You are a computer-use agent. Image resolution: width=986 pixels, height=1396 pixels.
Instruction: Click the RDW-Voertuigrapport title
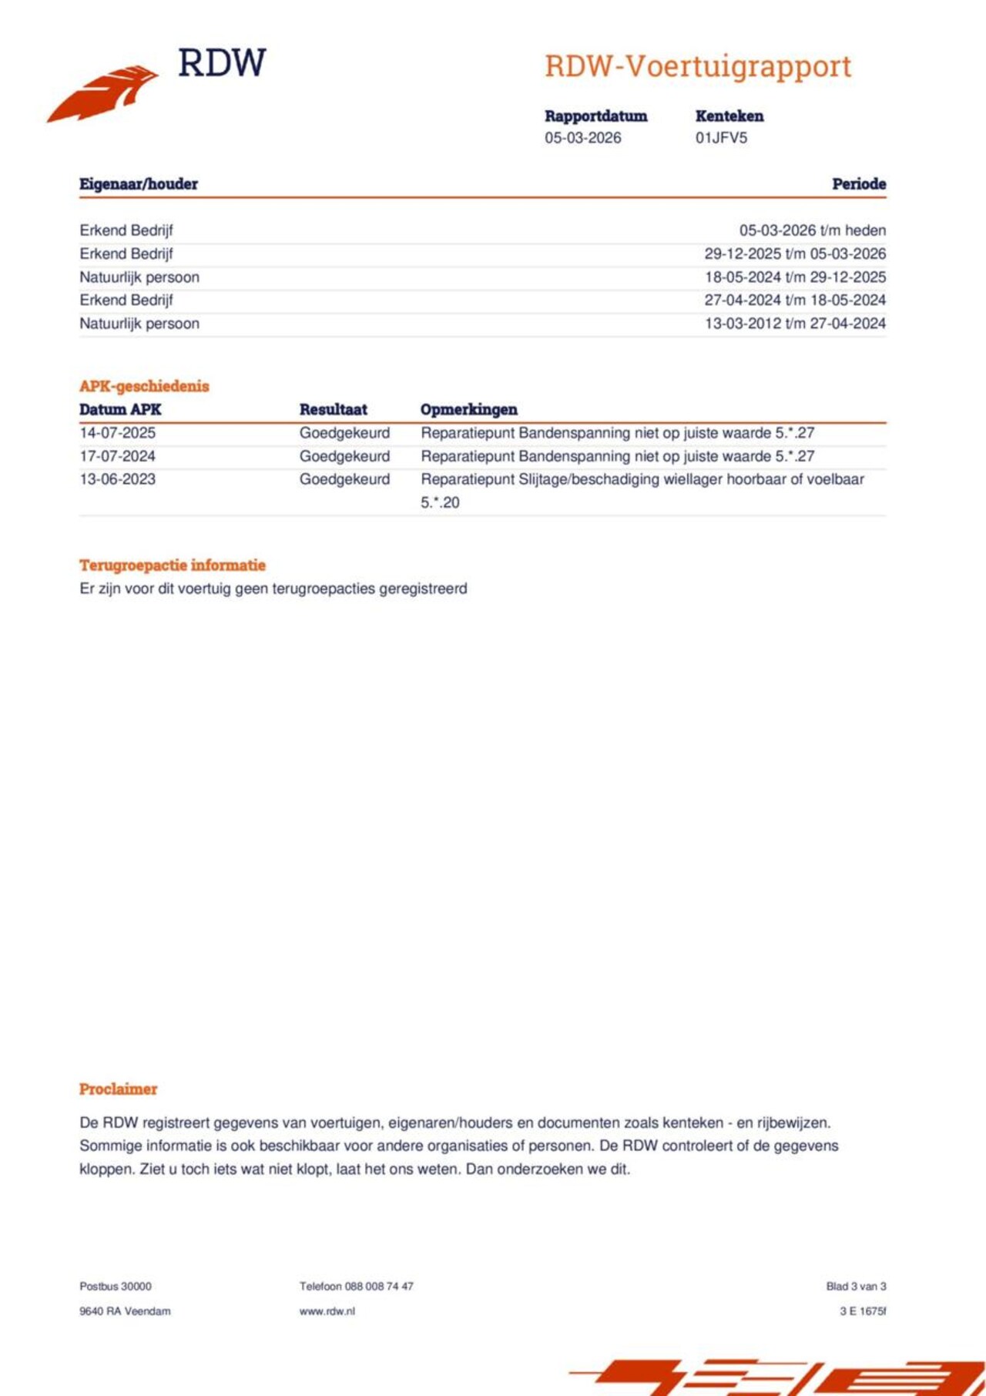tap(697, 66)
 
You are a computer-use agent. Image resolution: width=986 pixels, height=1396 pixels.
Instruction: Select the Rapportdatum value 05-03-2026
tap(582, 138)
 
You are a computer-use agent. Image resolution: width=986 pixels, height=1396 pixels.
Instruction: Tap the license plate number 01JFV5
tap(721, 138)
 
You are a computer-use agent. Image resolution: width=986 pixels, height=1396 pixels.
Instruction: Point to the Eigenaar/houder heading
tap(139, 184)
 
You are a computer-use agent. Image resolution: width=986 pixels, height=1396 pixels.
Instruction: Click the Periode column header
tap(858, 184)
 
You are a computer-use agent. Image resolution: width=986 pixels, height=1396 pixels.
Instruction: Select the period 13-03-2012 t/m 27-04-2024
tap(795, 324)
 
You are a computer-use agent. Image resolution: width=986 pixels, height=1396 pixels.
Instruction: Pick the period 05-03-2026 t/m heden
tap(812, 230)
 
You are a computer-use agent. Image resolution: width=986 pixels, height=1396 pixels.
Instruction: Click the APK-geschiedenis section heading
tap(144, 386)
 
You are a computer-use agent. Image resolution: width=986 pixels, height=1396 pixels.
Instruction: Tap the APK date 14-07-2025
tap(117, 433)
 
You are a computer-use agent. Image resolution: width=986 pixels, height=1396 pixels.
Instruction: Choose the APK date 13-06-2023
tap(117, 479)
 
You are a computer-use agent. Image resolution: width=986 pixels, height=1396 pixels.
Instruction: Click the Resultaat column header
tap(333, 410)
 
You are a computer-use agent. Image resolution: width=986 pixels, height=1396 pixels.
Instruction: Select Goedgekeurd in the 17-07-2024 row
tap(344, 456)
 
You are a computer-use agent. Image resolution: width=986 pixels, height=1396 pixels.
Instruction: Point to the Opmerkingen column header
tap(468, 410)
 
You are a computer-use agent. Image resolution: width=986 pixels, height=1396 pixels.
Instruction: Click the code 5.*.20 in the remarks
tap(440, 502)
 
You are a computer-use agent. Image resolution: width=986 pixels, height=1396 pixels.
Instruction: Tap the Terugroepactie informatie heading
tap(172, 565)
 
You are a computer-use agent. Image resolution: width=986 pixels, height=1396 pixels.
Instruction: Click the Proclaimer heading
tap(118, 1089)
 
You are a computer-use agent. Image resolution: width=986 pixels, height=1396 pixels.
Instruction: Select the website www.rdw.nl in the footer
tap(327, 1311)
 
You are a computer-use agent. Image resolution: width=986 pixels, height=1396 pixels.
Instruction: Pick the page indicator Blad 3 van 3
tap(856, 1287)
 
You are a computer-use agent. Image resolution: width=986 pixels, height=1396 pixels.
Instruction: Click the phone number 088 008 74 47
tap(379, 1287)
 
